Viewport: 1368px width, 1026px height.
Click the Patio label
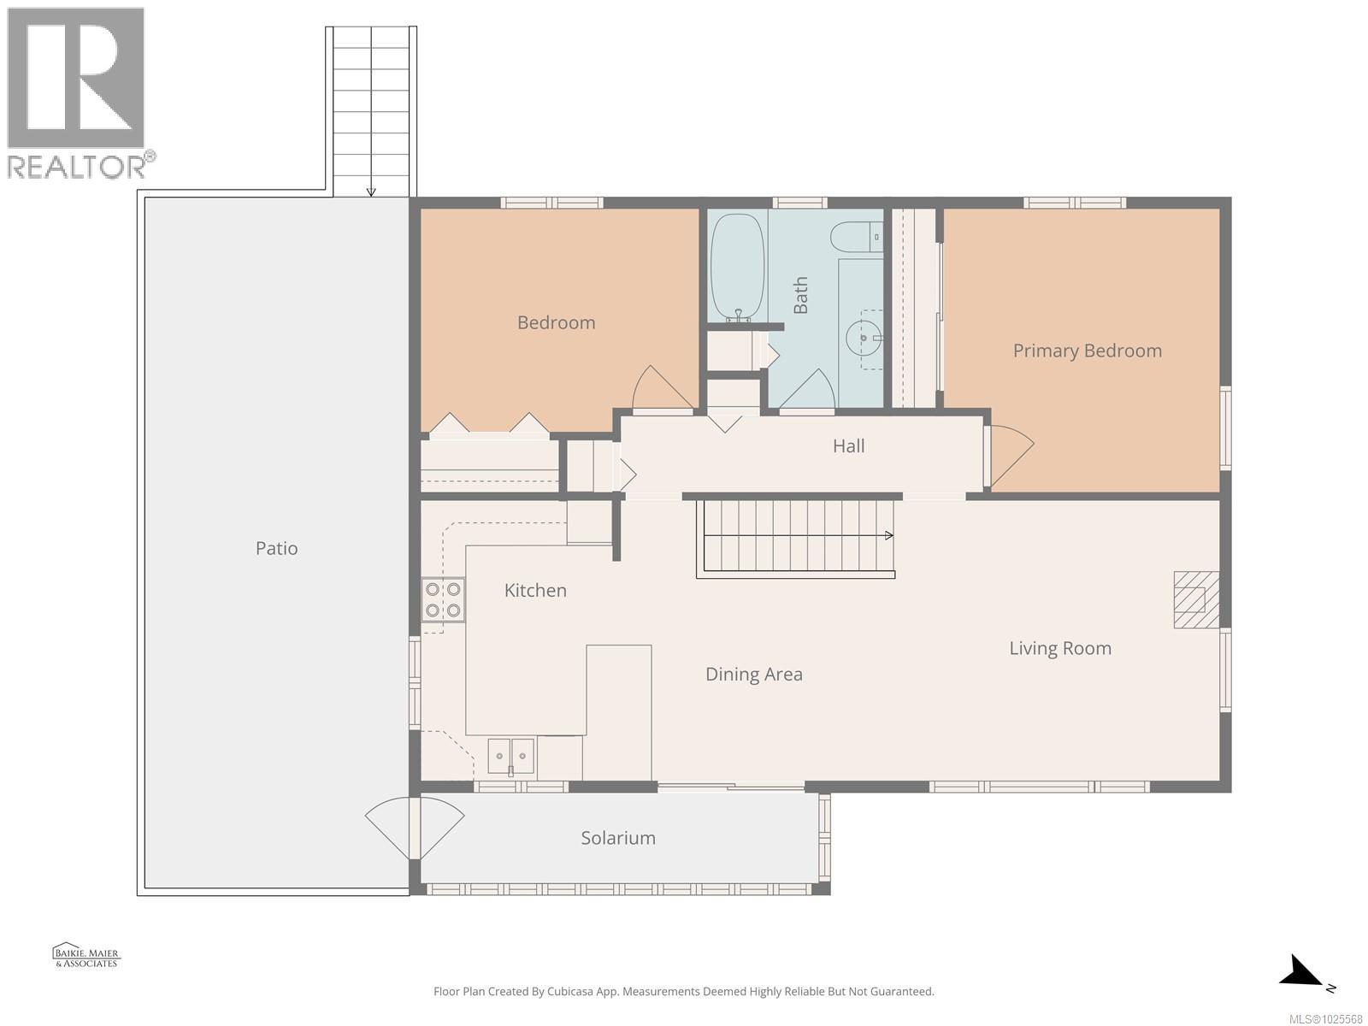[x=276, y=548]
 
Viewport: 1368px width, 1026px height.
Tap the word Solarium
[x=618, y=838]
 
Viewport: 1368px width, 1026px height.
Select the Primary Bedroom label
[x=1087, y=351]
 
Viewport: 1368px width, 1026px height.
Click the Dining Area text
[x=753, y=675]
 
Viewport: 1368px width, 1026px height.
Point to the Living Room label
[x=1059, y=648]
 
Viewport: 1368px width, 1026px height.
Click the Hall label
[x=848, y=445]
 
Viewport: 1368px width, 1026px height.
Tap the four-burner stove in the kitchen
[x=443, y=599]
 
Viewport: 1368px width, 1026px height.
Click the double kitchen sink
[x=511, y=757]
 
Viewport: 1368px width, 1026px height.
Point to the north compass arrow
[x=1306, y=973]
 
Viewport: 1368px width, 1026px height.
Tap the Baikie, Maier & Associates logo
[x=86, y=956]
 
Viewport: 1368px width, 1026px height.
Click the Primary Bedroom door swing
[x=1011, y=453]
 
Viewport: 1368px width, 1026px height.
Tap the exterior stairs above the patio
[x=371, y=111]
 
